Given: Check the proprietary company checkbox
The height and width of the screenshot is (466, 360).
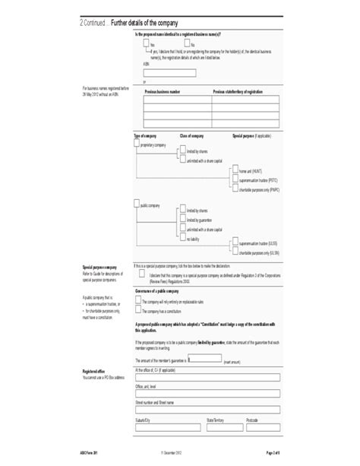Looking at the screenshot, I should click(x=137, y=144).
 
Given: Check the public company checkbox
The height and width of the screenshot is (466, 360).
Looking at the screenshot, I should click(x=137, y=204).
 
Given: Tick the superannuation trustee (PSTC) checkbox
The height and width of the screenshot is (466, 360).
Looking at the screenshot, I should click(x=235, y=180).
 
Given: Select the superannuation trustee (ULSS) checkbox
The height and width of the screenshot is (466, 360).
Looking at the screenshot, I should click(x=235, y=245).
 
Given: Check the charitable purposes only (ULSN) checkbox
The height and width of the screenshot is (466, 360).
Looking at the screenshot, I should click(x=235, y=252).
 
